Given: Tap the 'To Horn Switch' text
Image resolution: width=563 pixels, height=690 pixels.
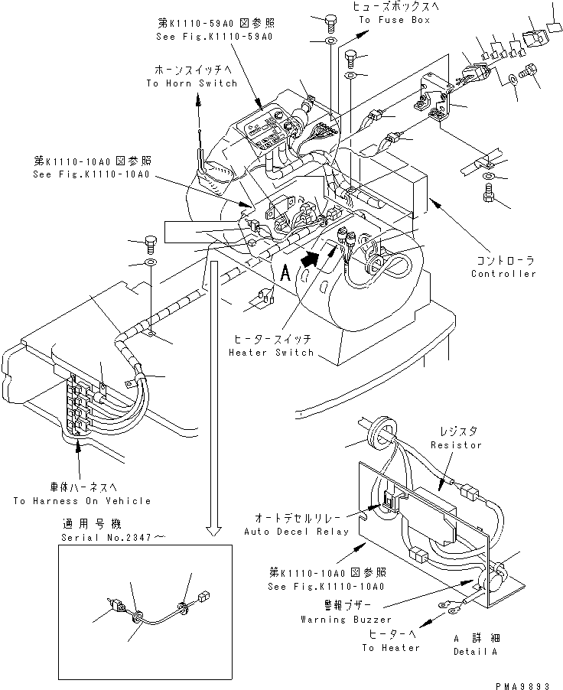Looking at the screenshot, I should tap(191, 83).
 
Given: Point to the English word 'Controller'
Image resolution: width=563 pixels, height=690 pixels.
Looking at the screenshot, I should tap(503, 274).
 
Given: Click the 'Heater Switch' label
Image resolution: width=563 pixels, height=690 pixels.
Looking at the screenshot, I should tap(271, 353).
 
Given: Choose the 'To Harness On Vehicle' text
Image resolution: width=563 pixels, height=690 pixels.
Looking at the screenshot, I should tap(82, 501).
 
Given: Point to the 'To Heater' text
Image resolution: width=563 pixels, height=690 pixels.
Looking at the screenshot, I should tap(391, 648).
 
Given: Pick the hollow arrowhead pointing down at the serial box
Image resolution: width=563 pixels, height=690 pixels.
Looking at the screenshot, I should tap(216, 530).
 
